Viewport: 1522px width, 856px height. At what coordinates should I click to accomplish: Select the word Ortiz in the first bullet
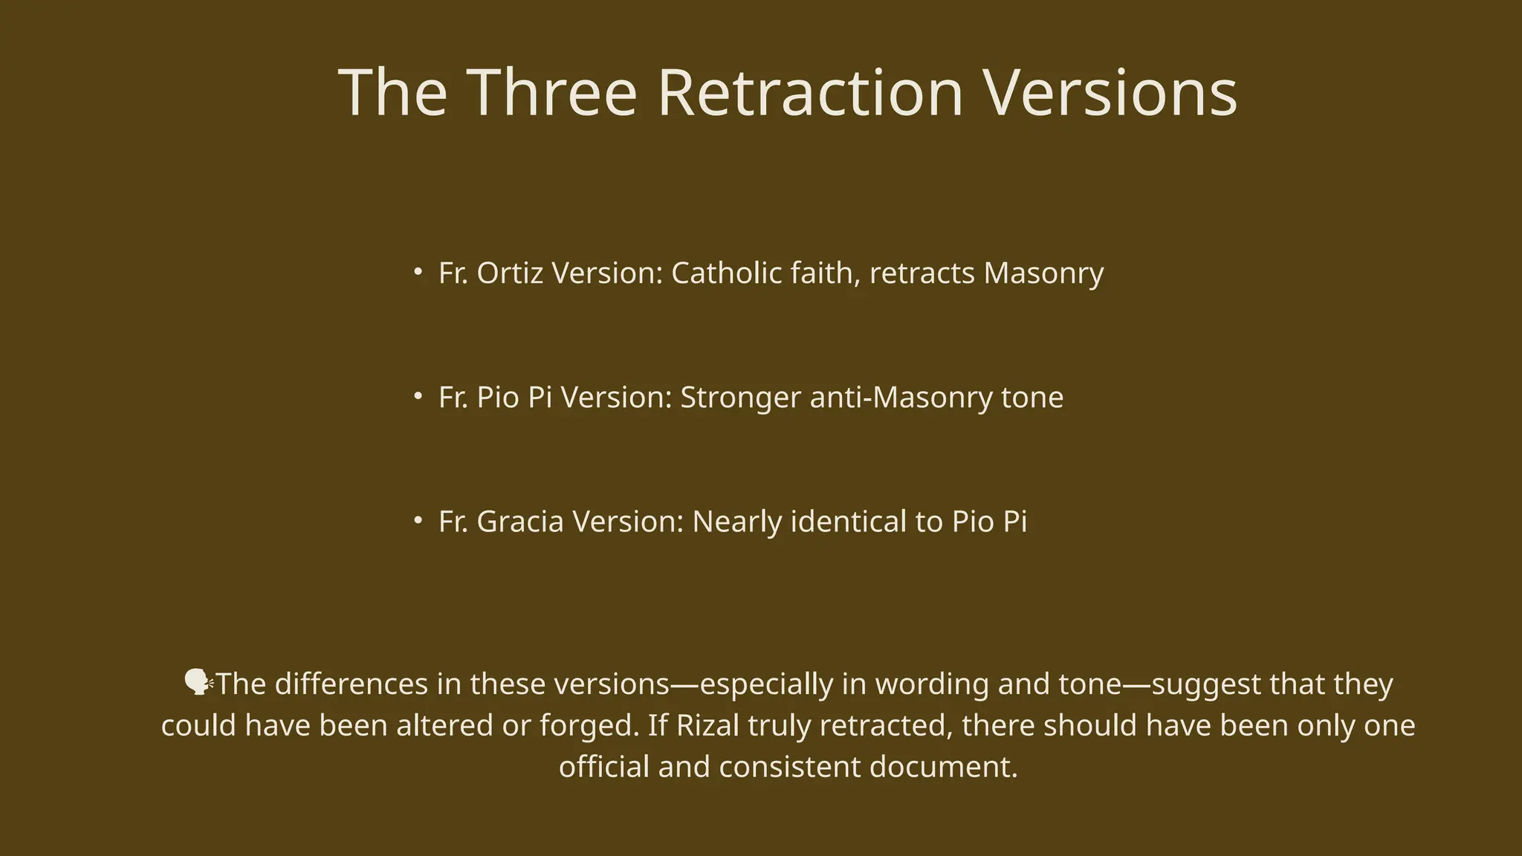510,273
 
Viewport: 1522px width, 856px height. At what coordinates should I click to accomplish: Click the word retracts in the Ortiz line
922,273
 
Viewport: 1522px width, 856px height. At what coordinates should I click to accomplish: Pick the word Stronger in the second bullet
740,398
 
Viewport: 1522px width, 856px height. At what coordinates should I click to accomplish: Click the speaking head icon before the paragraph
198,682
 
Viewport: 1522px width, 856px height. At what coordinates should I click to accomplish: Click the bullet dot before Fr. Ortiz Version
418,272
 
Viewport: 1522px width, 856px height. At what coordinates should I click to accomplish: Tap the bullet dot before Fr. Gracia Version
418,520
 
